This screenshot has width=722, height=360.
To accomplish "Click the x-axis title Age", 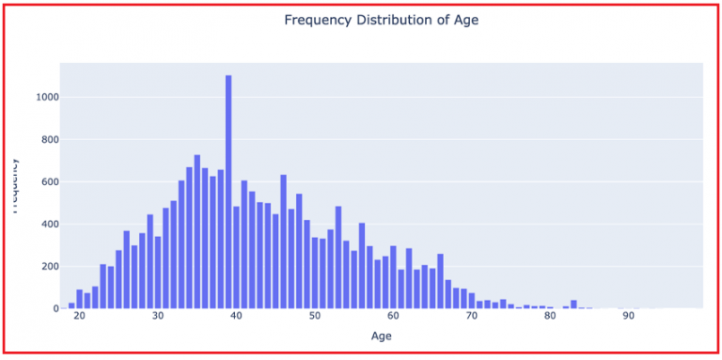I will [380, 336].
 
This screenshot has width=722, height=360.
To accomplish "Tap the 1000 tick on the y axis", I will [47, 97].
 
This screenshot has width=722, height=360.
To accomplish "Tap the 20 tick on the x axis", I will [79, 318].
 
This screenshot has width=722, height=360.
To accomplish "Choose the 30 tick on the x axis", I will [157, 318].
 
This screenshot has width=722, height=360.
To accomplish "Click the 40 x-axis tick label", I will [236, 318].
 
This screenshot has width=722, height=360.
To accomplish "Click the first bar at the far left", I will [71, 305].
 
